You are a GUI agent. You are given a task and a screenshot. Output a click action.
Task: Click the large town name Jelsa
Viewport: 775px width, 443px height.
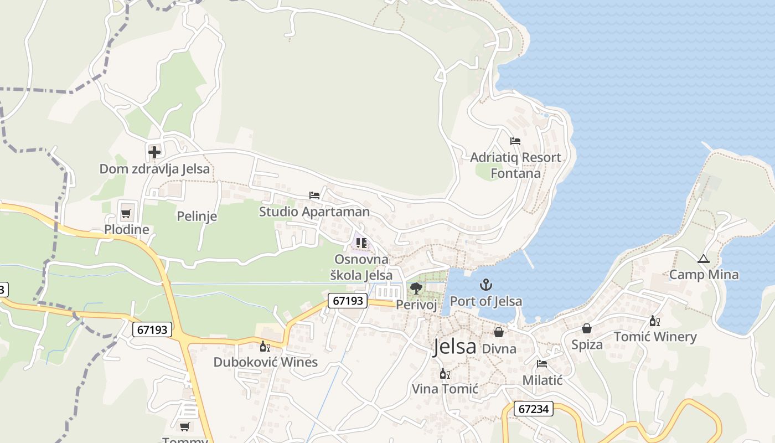pyautogui.click(x=454, y=347)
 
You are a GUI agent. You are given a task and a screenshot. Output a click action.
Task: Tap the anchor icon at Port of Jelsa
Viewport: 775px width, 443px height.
pyautogui.click(x=486, y=285)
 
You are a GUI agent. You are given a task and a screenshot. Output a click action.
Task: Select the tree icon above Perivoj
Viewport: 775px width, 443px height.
pyautogui.click(x=416, y=288)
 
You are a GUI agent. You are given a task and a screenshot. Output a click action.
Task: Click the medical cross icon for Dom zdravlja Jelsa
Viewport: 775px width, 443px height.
pyautogui.click(x=154, y=151)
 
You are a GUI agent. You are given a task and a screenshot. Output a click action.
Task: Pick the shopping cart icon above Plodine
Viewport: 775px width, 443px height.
pyautogui.click(x=126, y=213)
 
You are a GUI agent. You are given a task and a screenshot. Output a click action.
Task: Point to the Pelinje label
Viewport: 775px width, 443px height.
pyautogui.click(x=197, y=216)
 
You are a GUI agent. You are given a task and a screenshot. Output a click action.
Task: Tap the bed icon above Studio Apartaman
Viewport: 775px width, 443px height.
pyautogui.click(x=314, y=195)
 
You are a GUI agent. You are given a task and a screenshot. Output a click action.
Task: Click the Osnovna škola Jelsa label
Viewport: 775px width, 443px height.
pyautogui.click(x=361, y=267)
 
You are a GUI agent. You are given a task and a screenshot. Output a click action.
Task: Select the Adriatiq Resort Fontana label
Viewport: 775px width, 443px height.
pyautogui.click(x=515, y=165)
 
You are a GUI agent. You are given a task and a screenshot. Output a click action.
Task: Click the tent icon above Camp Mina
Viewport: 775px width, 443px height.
pyautogui.click(x=703, y=259)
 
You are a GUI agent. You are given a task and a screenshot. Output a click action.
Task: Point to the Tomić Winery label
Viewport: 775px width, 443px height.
pyautogui.click(x=655, y=337)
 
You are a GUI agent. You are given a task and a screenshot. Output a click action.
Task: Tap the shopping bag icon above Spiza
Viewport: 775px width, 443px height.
pyautogui.click(x=587, y=329)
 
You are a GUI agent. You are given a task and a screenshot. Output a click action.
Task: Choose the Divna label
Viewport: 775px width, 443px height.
pyautogui.click(x=499, y=349)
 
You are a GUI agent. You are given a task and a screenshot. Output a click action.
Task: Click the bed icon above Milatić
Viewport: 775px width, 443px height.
pyautogui.click(x=542, y=364)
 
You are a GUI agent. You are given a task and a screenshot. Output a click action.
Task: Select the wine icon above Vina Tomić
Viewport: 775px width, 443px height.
pyautogui.click(x=444, y=374)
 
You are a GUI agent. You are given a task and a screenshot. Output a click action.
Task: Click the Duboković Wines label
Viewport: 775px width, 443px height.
pyautogui.click(x=266, y=362)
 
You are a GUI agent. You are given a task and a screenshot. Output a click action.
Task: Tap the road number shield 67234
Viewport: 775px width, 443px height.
pyautogui.click(x=534, y=409)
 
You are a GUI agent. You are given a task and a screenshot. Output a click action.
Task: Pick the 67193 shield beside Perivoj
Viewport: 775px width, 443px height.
pyautogui.click(x=348, y=301)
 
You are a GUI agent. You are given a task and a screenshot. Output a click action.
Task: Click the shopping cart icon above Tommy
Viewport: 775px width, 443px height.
pyautogui.click(x=184, y=426)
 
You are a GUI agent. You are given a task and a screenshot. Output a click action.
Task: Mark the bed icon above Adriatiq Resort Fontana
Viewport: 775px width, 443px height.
pyautogui.click(x=515, y=141)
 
